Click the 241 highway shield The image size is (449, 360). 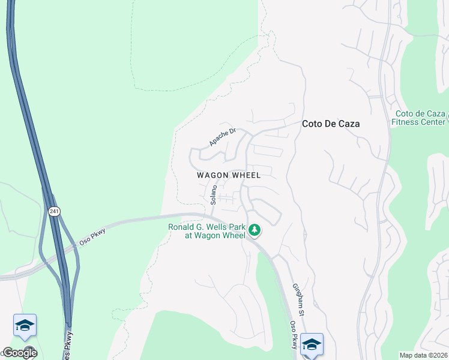(54, 211)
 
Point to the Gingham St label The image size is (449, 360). (298, 300)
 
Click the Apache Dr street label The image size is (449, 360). (223, 137)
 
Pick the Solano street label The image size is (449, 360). (213, 193)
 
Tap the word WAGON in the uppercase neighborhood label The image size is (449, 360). (213, 175)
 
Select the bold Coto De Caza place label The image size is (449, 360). (331, 124)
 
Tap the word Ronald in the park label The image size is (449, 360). (181, 227)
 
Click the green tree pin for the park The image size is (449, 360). (255, 230)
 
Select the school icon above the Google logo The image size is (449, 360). (25, 325)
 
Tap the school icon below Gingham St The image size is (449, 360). (312, 344)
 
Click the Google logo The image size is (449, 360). (19, 353)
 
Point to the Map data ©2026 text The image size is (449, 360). (423, 355)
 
